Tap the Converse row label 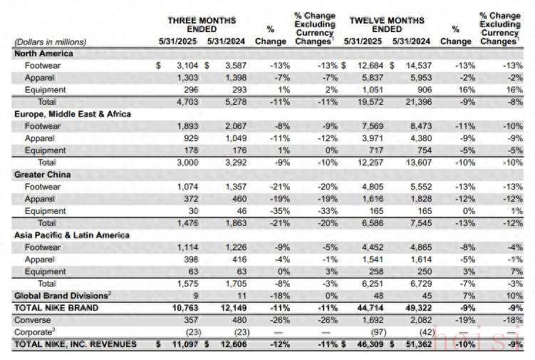click(x=31, y=320)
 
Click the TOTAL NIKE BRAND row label click(x=54, y=307)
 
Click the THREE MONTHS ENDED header click(x=201, y=25)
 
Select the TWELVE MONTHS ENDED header click(x=387, y=25)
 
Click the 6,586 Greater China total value click(x=365, y=223)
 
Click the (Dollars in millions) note click(x=50, y=41)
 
